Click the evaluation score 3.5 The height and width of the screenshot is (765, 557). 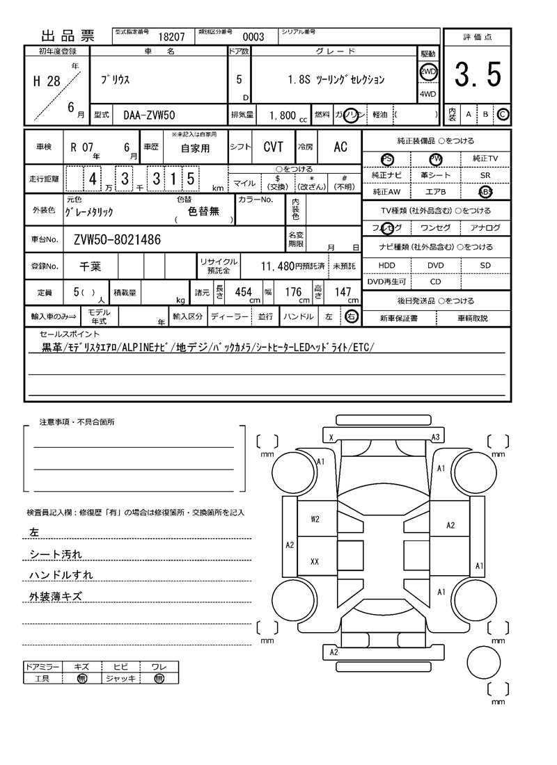pyautogui.click(x=478, y=75)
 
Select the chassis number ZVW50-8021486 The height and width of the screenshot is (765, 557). pyautogui.click(x=117, y=240)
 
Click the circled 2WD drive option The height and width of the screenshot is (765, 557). pyautogui.click(x=427, y=72)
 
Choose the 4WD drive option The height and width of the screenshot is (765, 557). pyautogui.click(x=427, y=94)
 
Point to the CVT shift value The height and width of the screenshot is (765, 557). pyautogui.click(x=273, y=147)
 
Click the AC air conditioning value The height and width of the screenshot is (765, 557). pyautogui.click(x=340, y=147)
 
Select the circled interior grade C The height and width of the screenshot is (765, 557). pyautogui.click(x=503, y=114)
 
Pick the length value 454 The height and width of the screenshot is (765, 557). pyautogui.click(x=243, y=293)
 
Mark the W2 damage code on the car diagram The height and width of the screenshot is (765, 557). pyautogui.click(x=315, y=519)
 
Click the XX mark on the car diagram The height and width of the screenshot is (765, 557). pyautogui.click(x=315, y=561)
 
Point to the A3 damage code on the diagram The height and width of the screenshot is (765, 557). pyautogui.click(x=436, y=437)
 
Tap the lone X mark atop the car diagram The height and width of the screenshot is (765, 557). pyautogui.click(x=331, y=437)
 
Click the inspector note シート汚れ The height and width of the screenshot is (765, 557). pyautogui.click(x=56, y=554)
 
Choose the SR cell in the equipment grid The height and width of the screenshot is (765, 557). pyautogui.click(x=485, y=176)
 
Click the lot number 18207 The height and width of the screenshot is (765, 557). pyautogui.click(x=171, y=38)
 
